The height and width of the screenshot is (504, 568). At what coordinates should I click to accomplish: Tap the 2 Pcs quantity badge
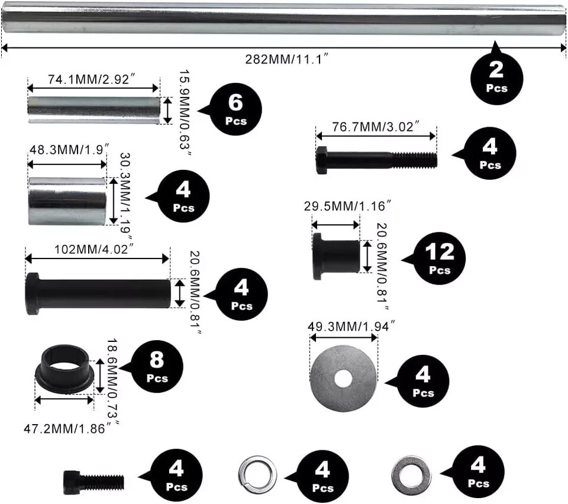[x=497, y=77]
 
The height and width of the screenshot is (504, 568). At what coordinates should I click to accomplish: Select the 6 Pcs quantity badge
[x=235, y=109]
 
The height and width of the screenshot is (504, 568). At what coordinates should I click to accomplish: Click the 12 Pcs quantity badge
[x=440, y=259]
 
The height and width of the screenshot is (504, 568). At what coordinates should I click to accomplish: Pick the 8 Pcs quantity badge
[x=157, y=366]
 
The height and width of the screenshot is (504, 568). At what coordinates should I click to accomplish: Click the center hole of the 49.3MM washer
[x=344, y=377]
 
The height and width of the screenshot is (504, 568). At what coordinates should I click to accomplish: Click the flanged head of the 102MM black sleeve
[x=33, y=293]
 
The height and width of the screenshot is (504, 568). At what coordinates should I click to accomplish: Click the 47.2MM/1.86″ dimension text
[x=69, y=427]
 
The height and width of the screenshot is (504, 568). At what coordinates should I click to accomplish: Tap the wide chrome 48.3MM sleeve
[x=66, y=201]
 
